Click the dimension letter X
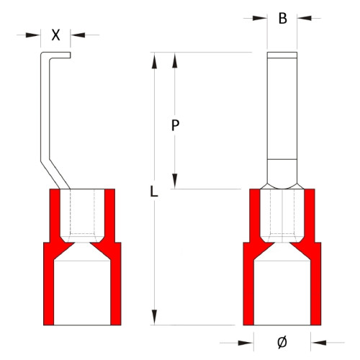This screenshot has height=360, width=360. pos(56,34)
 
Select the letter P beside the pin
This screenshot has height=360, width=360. pos(175,125)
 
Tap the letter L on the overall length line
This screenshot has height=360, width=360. pos(153,192)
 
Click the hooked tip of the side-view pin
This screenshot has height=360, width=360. pos(58,55)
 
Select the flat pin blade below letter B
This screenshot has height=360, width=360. pos(282,108)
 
